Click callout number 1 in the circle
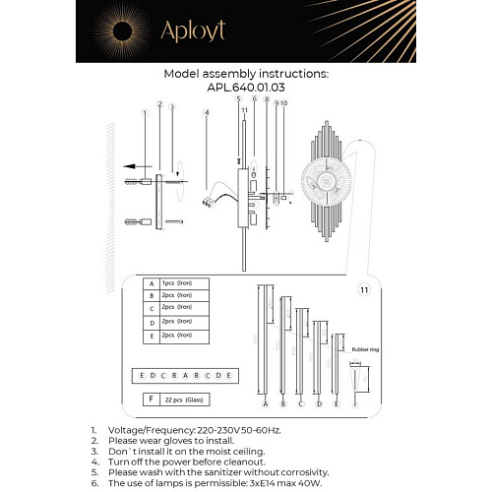pos(144,113)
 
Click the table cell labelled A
pos(150,282)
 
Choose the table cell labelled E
pos(150,336)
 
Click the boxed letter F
pos(150,400)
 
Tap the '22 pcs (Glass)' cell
pos(183,400)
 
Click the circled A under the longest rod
pos(266,404)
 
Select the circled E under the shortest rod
pos(337,404)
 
